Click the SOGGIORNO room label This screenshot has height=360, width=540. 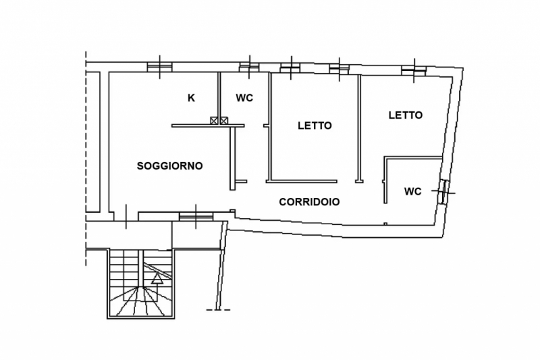[x=170, y=166]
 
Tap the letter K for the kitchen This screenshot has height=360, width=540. [x=191, y=98]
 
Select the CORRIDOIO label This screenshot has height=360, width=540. [x=309, y=202]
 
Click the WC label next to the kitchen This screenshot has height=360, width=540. [x=244, y=98]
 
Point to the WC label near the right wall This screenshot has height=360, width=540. [x=413, y=191]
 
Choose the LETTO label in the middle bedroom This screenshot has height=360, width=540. [x=315, y=126]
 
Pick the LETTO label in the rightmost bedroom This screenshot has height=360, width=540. [x=406, y=115]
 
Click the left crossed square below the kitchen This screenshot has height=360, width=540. [x=214, y=121]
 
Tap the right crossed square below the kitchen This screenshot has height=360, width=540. [x=224, y=121]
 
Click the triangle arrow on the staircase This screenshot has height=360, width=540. [x=157, y=278]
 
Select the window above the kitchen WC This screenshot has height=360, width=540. [x=249, y=67]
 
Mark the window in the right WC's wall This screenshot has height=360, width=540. [x=444, y=192]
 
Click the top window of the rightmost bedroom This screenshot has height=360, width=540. [x=414, y=70]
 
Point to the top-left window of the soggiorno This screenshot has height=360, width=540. [x=159, y=67]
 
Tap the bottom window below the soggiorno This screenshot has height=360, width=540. [x=196, y=216]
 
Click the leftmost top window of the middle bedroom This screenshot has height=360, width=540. [x=291, y=68]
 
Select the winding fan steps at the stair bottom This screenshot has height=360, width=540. [x=141, y=301]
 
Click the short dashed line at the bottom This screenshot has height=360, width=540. [x=218, y=310]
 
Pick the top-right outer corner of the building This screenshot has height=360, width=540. [x=463, y=68]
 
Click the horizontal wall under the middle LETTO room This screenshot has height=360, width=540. [x=301, y=181]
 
